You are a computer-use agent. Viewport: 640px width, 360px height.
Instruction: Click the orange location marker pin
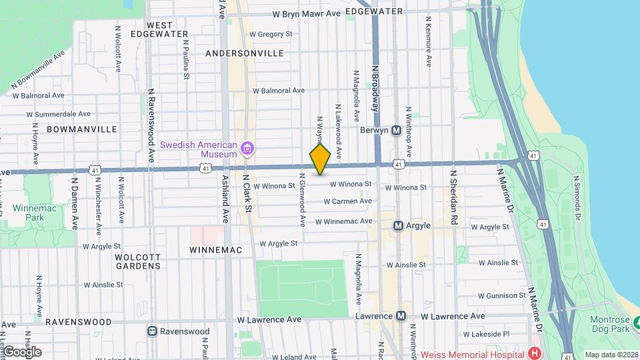pos(320,160)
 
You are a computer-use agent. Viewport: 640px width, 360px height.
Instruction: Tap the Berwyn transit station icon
pos(397,130)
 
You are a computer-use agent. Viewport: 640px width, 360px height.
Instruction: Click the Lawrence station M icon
pos(401,316)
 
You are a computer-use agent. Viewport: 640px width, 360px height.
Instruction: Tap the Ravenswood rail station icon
pos(153,331)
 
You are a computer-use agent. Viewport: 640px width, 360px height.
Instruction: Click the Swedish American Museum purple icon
pos(247,147)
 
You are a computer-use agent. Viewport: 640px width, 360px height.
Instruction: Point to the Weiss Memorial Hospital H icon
pos(533,353)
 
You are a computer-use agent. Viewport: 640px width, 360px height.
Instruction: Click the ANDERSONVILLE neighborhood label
pos(245,53)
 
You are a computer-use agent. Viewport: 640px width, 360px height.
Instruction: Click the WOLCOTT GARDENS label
pos(137,261)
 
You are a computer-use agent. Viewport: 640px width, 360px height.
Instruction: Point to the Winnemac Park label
pos(27,213)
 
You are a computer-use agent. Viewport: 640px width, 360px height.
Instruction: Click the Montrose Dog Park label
pos(610,325)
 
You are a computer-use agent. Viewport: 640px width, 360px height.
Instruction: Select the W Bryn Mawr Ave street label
pos(306,13)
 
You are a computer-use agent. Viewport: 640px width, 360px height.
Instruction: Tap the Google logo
pos(21,352)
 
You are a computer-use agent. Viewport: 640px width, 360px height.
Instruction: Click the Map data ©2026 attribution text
pos(611,355)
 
